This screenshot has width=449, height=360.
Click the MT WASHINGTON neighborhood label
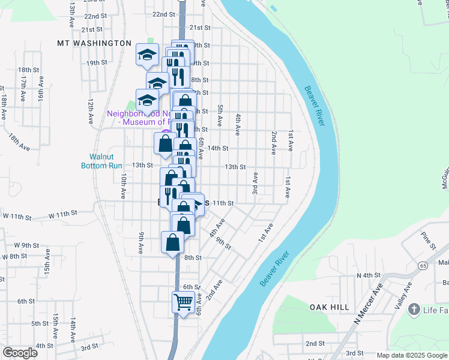(x=94, y=43)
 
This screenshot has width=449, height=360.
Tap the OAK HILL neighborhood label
(x=330, y=307)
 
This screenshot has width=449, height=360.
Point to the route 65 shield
(x=423, y=265)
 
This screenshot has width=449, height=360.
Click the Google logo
(x=20, y=353)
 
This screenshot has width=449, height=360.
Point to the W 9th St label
(x=26, y=245)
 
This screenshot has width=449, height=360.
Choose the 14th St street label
(x=218, y=148)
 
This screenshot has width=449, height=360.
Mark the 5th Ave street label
(x=220, y=116)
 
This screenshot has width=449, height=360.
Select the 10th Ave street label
(x=122, y=187)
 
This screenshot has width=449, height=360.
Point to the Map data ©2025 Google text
(x=412, y=355)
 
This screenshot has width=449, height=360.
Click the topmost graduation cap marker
(x=146, y=55)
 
